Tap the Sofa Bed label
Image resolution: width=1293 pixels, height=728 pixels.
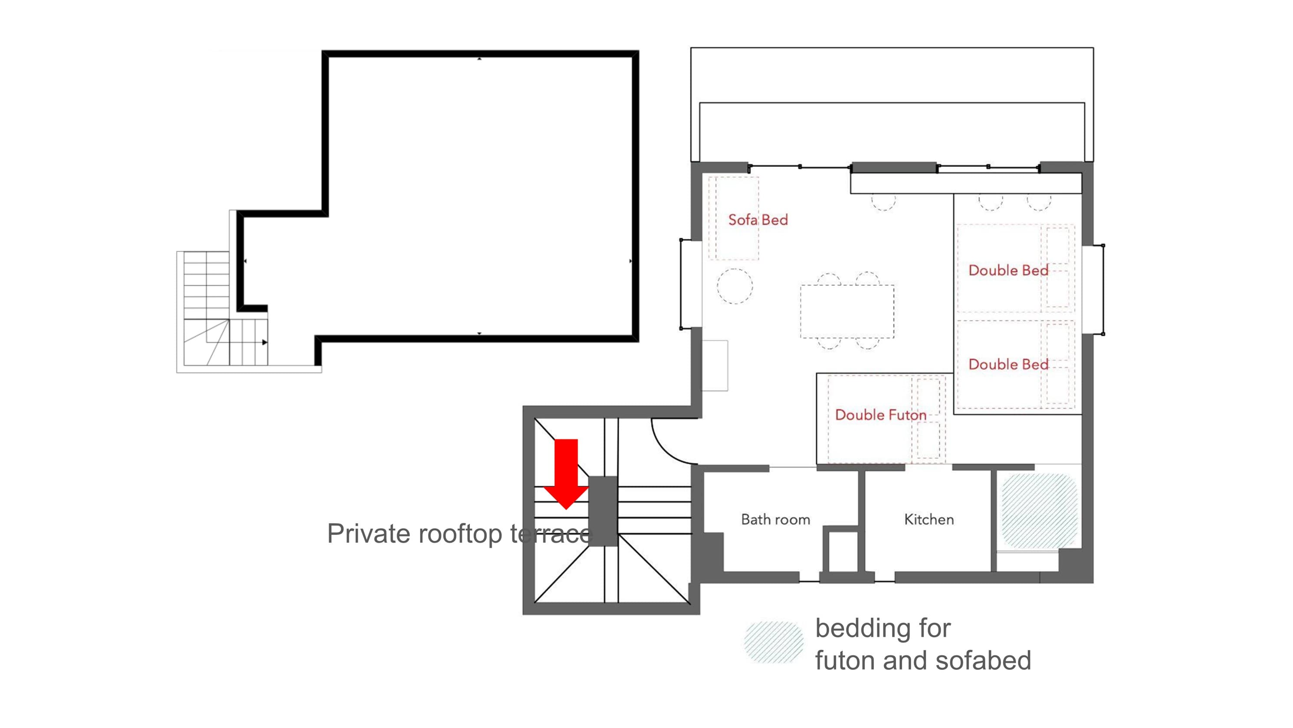pos(758,220)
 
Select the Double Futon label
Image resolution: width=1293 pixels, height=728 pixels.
pos(880,415)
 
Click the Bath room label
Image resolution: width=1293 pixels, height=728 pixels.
pos(775,519)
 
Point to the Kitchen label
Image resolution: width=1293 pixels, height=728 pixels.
pos(929,519)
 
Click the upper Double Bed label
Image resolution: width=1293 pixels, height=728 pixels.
pos(1008,270)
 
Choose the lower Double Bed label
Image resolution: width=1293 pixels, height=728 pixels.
pos(1008,364)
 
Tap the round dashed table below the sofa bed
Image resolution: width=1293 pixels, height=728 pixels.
pos(735,286)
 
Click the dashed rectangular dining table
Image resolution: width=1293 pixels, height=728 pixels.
pos(847,311)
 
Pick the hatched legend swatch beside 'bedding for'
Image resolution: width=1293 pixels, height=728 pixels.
pos(774,643)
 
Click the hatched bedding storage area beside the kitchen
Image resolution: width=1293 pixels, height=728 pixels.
pos(1040,511)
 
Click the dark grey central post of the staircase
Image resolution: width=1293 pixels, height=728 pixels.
pos(603,511)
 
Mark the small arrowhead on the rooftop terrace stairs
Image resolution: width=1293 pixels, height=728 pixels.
pos(265,343)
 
